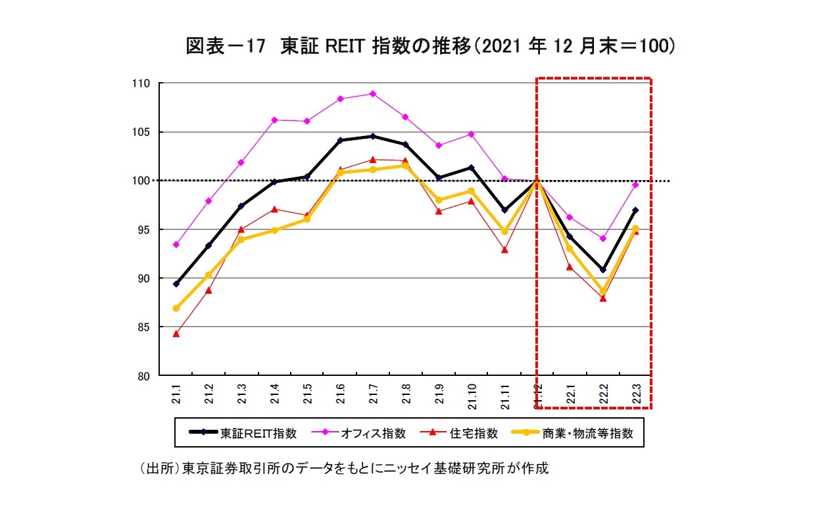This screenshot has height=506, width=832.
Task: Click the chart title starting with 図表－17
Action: coord(431,47)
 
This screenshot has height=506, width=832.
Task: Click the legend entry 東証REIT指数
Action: coord(243,434)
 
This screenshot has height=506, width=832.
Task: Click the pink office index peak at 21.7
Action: coord(373,93)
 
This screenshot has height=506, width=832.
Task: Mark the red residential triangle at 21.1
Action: coord(176,334)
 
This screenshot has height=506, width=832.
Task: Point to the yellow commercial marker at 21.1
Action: coord(176,308)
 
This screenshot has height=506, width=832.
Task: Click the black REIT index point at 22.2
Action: coord(603,269)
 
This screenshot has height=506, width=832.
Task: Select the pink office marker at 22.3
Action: coord(635,185)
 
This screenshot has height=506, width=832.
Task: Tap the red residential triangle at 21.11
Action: coord(504,250)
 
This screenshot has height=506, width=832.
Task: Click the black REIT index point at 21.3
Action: coord(241,206)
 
